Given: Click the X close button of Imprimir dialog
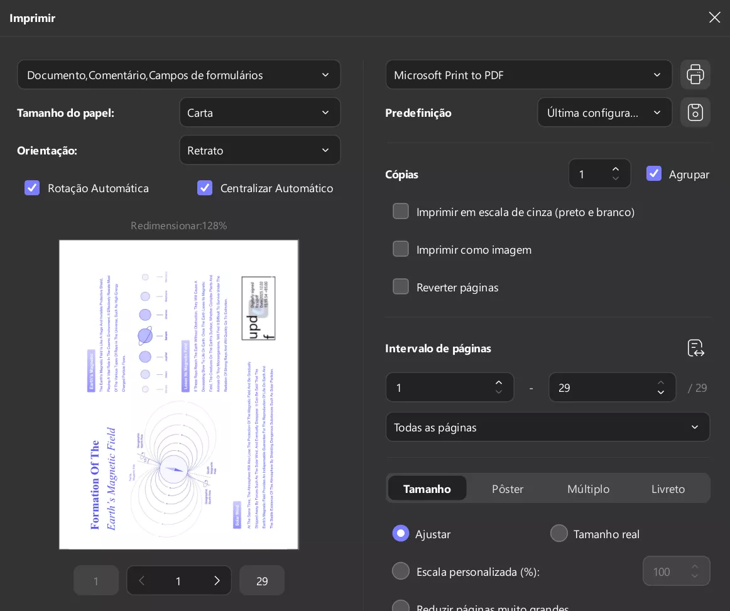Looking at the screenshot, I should click(714, 18).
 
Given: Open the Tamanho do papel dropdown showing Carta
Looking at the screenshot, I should click(259, 113).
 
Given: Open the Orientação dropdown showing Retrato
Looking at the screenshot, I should click(259, 151).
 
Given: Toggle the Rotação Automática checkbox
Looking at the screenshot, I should click(32, 188).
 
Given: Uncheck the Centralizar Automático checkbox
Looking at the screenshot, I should click(205, 188).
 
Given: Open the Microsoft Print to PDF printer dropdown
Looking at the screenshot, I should click(528, 75).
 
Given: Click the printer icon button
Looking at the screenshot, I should click(695, 75).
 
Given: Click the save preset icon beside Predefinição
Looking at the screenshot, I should click(695, 112).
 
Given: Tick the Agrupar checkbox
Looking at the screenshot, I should click(654, 174).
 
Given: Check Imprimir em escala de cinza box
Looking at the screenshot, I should click(401, 212).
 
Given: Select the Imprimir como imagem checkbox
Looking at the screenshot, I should click(401, 249).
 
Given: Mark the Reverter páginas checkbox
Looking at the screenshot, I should click(401, 287).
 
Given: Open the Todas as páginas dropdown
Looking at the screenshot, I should click(547, 427).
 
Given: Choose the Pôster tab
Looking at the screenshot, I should click(508, 489).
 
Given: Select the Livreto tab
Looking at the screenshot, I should click(668, 489).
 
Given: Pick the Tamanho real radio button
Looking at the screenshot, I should click(558, 533).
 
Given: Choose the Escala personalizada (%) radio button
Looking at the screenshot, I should click(401, 571).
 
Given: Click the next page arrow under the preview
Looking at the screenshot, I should click(217, 581).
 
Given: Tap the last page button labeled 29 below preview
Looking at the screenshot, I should click(262, 581).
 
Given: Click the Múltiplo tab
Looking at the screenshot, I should click(588, 489).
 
